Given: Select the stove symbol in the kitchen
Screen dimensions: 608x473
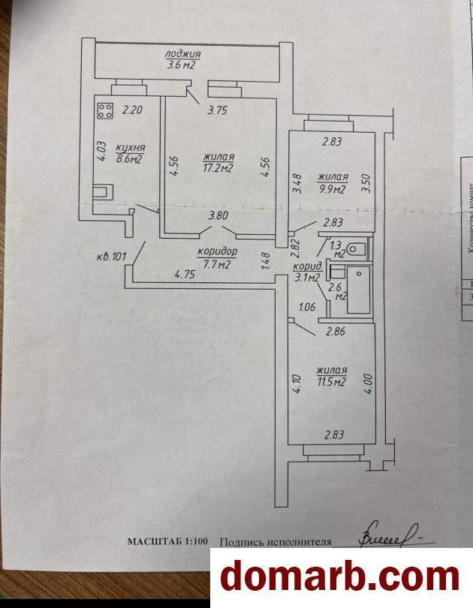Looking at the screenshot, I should coord(105,112).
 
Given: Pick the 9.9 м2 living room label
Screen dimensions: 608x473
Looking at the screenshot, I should coord(331,183).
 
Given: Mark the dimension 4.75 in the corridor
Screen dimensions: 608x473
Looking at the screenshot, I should coord(185,275).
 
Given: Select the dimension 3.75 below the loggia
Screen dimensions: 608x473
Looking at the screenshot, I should coord(218,111).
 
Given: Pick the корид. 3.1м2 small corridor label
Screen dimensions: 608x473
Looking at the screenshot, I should coord(309,272).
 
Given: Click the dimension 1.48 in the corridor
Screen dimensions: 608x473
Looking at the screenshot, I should coord(264,259).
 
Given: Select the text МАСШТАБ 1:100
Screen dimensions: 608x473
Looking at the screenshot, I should coord(169,541).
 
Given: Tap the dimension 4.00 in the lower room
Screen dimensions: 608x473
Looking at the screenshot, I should coord(366,377).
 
